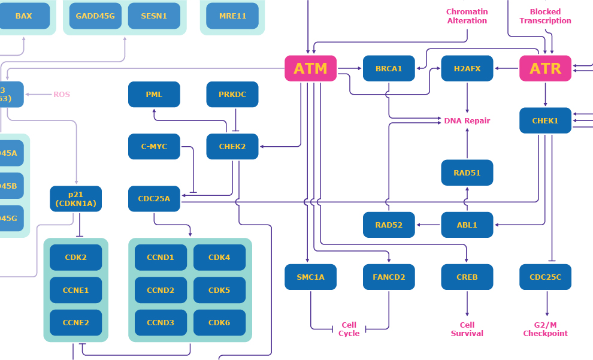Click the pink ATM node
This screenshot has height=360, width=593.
click(310, 68)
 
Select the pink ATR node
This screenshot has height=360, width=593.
click(545, 68)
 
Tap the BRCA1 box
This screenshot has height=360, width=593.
click(389, 68)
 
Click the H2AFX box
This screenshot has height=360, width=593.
click(467, 68)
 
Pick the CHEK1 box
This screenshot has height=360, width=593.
click(545, 120)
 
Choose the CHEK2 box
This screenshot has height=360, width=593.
click(232, 146)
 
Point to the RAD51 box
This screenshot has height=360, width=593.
click(467, 173)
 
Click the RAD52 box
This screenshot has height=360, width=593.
click(389, 225)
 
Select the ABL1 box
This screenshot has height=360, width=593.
click(467, 225)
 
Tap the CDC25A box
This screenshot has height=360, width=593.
click(154, 199)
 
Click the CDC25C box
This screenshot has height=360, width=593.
click(545, 277)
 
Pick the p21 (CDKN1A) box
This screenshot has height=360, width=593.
click(76, 199)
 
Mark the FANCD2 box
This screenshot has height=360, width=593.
click(389, 277)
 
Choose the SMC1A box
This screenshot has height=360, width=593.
click(310, 277)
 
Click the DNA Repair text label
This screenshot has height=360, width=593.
click(467, 120)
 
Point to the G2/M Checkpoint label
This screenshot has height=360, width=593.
click(545, 329)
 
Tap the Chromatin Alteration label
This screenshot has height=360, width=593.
click(467, 16)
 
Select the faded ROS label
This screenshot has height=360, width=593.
click(62, 95)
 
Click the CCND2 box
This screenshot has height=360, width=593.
click(160, 290)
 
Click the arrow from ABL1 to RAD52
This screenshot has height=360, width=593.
click(428, 225)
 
